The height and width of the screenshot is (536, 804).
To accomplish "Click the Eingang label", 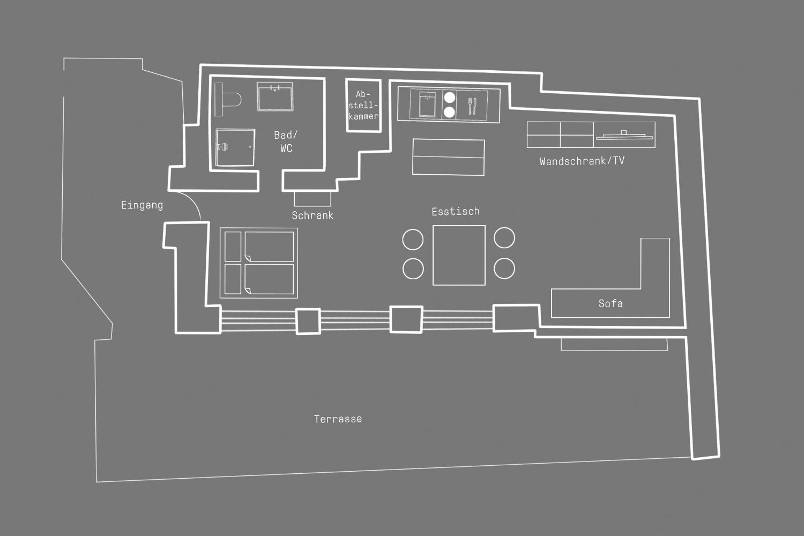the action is click(142, 205).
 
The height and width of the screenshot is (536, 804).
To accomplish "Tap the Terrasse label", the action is click(338, 419).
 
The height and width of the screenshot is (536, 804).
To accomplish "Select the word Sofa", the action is click(611, 303).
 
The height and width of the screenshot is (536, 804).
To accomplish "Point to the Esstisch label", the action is click(455, 212).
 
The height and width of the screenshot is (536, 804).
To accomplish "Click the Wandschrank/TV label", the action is click(582, 161).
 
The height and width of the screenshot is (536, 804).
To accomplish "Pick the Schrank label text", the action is click(313, 215).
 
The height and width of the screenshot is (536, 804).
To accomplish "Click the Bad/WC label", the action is click(286, 142).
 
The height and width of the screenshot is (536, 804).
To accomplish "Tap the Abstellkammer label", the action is click(363, 105).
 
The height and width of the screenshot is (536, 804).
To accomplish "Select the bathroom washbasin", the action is click(275, 96).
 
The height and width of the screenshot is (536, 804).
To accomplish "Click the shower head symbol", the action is click(223, 147).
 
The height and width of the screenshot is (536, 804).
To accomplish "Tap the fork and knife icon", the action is click(472, 106).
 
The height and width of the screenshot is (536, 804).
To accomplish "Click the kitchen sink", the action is click(427, 104).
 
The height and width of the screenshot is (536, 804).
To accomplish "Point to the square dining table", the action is click(459, 255).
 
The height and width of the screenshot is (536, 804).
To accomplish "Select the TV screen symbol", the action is click(624, 136).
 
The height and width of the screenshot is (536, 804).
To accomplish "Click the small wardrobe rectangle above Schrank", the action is click(312, 199).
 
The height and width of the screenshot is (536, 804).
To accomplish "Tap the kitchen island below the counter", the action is click(448, 157).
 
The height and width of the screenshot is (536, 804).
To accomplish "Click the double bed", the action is click(259, 263).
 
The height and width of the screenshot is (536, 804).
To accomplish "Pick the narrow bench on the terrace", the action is click(614, 345).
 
